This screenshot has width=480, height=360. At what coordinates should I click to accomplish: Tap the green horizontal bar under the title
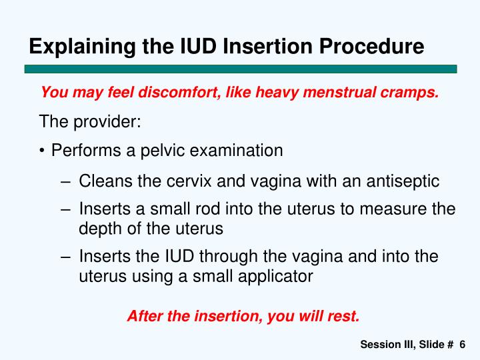240,69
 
